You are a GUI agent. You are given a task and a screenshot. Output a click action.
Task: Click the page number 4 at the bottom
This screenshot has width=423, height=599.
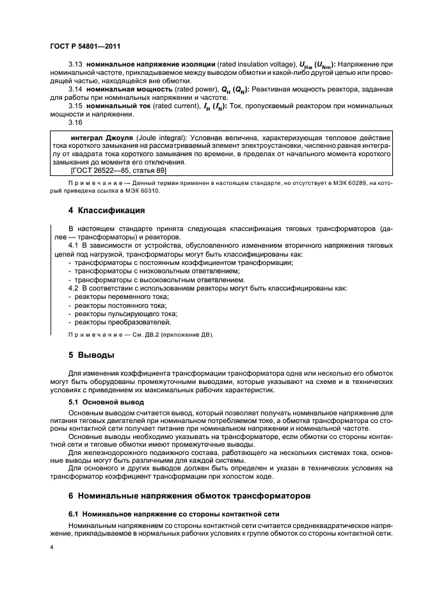coord(52,548)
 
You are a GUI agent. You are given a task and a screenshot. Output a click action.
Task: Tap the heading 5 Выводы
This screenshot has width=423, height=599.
coord(92,354)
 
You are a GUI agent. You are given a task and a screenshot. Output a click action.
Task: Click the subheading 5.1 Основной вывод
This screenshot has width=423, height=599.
coord(106,402)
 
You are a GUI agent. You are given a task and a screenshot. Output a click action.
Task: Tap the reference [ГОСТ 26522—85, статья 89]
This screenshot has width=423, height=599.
coord(116,172)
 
